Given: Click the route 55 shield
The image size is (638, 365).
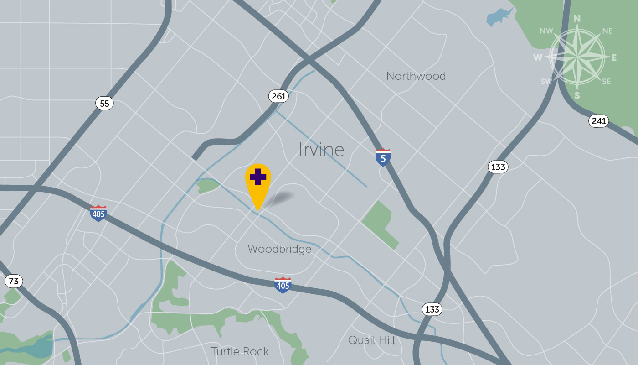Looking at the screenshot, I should tap(104, 103).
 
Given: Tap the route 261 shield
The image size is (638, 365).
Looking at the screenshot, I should tap(278, 96).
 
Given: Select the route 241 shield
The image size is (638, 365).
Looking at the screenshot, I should tap(598, 121).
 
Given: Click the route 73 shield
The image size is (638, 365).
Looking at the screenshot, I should tap(14, 281).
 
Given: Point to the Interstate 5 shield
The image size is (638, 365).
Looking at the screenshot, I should tap(383, 157).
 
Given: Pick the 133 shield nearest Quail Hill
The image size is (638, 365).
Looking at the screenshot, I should tap(432, 309).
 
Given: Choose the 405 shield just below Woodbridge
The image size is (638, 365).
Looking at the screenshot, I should tap(283, 285).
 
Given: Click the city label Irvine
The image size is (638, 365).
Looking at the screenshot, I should tap(321, 150).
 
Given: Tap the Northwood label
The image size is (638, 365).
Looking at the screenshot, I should tap(416, 76).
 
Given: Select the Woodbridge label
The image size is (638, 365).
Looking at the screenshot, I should tap(279, 249).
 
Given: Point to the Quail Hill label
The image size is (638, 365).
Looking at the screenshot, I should tap(371, 340).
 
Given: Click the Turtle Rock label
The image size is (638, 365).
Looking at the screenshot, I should tap(239, 351).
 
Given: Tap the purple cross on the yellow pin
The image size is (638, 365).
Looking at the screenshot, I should tap(258, 177).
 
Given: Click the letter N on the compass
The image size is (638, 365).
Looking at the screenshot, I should tap(577, 19).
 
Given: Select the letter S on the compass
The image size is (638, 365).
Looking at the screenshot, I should tap(577, 95).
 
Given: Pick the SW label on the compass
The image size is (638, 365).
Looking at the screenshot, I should tap(546, 82).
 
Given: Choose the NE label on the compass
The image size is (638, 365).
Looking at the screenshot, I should tap(607, 31).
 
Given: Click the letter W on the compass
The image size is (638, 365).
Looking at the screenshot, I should tap(538, 57).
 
